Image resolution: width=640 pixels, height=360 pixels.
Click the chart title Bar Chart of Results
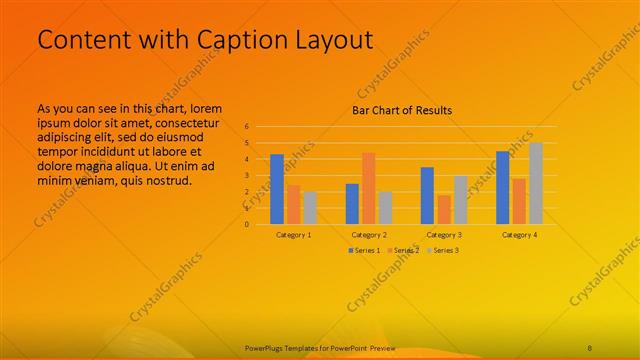click(401, 110)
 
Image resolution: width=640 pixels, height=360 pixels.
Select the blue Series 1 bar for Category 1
click(277, 189)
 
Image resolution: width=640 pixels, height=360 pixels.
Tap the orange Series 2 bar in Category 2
click(368, 188)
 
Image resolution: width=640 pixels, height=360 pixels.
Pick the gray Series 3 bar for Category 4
click(535, 183)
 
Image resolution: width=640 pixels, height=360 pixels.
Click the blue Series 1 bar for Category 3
click(427, 195)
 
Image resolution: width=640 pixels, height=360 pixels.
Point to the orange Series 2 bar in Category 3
click(443, 209)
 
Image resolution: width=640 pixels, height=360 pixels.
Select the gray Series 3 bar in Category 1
click(310, 207)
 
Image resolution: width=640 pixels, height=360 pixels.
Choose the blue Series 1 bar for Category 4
click(502, 187)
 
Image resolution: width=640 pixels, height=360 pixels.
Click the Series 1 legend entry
click(363, 249)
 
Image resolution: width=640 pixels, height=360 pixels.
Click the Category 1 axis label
click(293, 234)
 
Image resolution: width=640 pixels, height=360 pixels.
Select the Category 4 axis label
click(518, 234)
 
